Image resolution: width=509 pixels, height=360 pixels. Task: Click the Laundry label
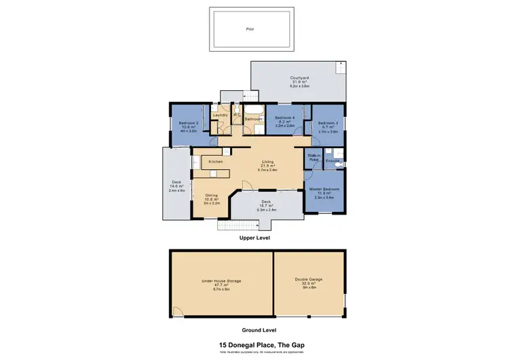[x=220, y=115]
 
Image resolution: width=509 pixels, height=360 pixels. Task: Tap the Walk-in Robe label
[x=314, y=157]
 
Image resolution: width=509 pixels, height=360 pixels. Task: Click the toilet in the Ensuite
[x=341, y=163]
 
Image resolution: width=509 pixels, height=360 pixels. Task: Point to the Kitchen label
[x=216, y=162]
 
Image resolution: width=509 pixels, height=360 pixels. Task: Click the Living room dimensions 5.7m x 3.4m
[x=268, y=170]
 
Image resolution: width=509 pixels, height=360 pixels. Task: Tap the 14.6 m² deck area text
[x=177, y=186]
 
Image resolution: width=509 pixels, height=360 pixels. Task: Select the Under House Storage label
[x=221, y=281]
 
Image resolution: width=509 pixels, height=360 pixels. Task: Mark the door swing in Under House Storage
[x=178, y=311]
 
